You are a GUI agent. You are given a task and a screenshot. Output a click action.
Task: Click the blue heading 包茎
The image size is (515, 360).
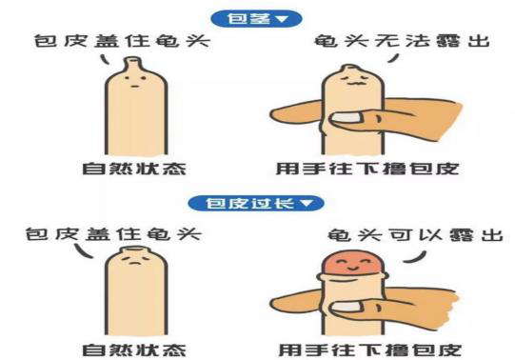[256, 19]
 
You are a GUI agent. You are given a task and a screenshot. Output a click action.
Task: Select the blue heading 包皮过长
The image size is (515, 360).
[256, 203]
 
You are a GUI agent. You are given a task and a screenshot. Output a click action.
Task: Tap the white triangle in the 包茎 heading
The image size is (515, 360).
[283, 19]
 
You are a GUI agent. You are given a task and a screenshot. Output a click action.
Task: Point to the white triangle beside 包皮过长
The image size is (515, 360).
[307, 203]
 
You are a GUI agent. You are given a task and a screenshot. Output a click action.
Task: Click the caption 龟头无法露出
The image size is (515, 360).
[402, 41]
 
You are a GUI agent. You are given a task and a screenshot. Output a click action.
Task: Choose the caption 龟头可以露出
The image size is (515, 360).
[415, 235]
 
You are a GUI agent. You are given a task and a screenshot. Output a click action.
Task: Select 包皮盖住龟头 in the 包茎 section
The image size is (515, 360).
[122, 41]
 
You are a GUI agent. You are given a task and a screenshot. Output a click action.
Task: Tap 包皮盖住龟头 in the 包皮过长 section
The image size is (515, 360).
[113, 234]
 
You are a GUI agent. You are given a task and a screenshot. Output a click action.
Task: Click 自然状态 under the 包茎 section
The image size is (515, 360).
[134, 169]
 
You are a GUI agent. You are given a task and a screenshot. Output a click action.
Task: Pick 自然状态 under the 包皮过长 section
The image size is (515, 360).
[134, 350]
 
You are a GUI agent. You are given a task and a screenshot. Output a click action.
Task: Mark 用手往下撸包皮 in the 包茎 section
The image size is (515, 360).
[367, 169]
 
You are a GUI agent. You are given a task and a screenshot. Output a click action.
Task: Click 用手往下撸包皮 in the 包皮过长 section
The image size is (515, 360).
[369, 350]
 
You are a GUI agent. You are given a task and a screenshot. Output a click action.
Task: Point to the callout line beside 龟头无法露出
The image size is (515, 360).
[393, 58]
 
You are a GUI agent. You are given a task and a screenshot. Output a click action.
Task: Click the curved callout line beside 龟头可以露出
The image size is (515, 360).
[415, 257]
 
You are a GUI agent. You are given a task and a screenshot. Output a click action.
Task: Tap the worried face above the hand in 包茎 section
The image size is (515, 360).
[353, 80]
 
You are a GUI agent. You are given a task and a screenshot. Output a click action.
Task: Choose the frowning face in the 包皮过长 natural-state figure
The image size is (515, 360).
[134, 261]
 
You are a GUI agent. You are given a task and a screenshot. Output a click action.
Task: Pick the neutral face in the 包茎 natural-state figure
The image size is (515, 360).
[135, 82]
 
